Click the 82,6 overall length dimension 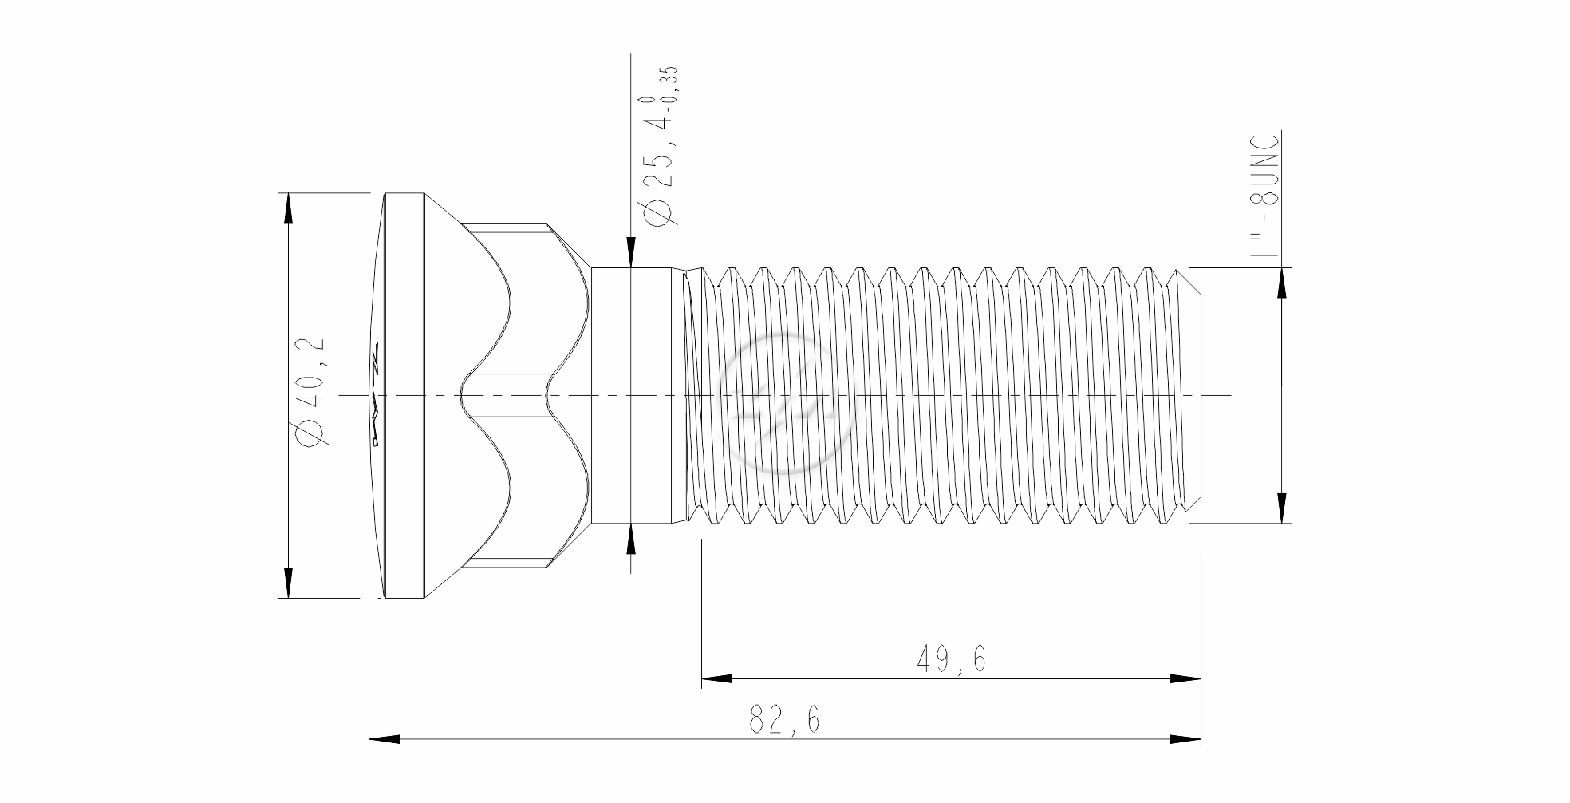(784, 721)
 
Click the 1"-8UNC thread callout (1264, 195)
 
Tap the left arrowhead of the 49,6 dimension (716, 679)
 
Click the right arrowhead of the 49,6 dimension (1185, 679)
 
